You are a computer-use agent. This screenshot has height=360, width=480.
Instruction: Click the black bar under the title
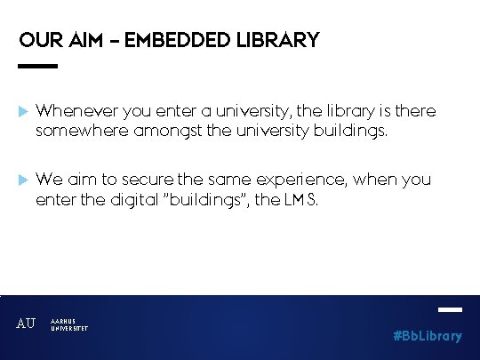[37, 66]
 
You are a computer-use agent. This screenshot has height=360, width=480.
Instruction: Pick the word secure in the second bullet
[149, 180]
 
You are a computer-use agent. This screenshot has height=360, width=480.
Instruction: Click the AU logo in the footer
[26, 324]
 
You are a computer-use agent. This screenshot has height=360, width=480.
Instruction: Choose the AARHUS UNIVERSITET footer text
[69, 324]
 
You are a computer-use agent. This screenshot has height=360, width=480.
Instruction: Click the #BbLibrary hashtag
[428, 336]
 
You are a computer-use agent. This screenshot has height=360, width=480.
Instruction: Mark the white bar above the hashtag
[451, 310]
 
